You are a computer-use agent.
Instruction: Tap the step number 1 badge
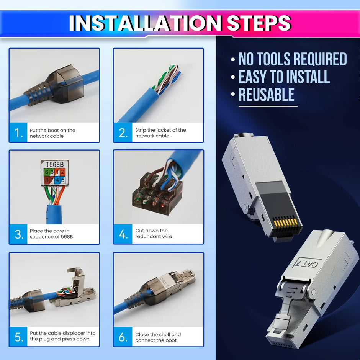tap(18, 133)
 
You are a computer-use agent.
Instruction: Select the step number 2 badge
tap(123, 133)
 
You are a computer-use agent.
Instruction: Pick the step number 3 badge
tap(19, 234)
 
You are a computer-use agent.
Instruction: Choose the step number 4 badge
tap(123, 234)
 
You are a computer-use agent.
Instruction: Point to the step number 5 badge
tap(19, 337)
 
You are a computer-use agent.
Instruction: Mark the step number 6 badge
tap(123, 337)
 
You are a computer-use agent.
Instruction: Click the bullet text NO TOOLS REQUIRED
tap(293, 59)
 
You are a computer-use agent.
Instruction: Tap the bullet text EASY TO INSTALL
tap(284, 77)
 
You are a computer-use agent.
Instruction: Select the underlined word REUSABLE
tap(267, 95)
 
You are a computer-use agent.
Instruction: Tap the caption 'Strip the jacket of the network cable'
tap(160, 133)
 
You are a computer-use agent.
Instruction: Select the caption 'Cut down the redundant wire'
tap(154, 234)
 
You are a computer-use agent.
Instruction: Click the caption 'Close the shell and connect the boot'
tap(158, 337)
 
